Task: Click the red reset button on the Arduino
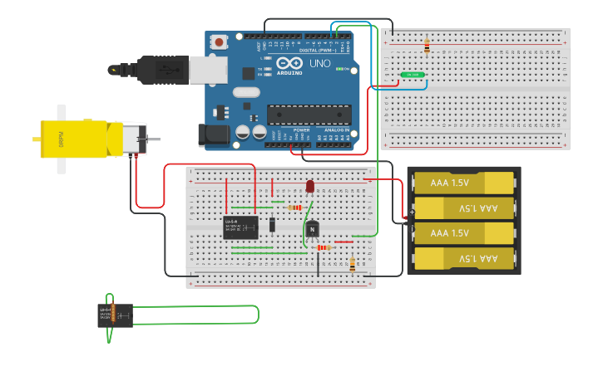219,42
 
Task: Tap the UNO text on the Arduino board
320,64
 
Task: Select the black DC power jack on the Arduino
212,135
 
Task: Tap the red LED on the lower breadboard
310,187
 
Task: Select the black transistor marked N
312,228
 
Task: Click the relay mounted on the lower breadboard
240,227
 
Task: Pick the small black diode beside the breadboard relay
272,224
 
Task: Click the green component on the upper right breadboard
412,75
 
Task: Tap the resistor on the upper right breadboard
427,46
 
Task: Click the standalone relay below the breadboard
115,315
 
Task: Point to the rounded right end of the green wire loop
256,315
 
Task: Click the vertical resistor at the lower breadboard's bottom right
352,265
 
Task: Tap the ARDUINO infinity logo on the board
289,64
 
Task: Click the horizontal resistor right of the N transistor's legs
324,247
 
